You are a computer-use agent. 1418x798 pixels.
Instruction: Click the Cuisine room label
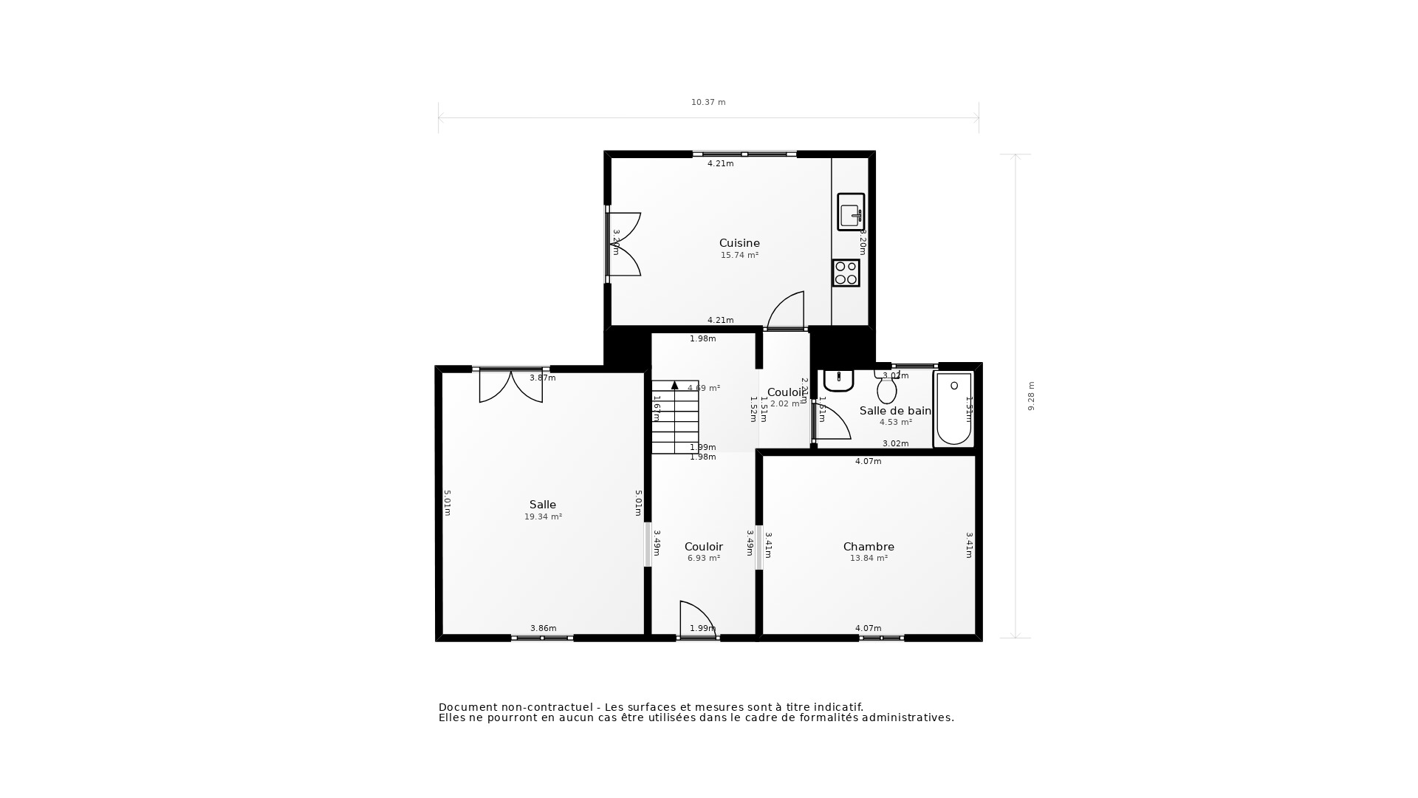[739, 243]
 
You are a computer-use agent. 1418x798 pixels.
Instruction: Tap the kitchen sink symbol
[851, 213]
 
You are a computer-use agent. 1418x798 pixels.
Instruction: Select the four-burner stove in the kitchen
[846, 273]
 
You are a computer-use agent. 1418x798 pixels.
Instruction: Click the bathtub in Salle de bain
[953, 409]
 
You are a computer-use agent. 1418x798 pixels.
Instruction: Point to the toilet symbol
[886, 388]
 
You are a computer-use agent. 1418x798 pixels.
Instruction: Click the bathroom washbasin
[839, 380]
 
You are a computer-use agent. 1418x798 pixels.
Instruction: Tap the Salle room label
[543, 505]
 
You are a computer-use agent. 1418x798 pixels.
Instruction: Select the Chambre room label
[869, 547]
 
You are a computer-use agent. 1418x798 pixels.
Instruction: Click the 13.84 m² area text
[869, 559]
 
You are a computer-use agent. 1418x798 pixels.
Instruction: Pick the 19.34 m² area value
[543, 517]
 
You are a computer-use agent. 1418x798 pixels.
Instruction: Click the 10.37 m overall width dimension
[708, 103]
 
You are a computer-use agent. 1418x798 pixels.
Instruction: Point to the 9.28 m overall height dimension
[1032, 396]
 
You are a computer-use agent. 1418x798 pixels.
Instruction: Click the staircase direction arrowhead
[674, 385]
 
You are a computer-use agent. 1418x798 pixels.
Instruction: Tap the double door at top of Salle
[511, 386]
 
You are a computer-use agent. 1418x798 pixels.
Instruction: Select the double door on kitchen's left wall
[624, 245]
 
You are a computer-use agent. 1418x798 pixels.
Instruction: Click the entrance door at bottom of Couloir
[697, 619]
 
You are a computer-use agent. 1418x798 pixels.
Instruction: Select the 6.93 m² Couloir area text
[704, 559]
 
